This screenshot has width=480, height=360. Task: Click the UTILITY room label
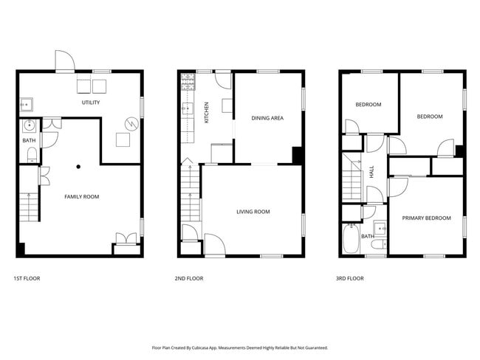(x=90, y=103)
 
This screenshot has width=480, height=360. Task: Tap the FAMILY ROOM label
(x=81, y=196)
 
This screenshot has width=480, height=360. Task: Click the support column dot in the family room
(x=78, y=167)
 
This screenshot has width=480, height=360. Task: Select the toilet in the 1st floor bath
(x=31, y=154)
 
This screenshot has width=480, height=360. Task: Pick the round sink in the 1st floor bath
(x=29, y=125)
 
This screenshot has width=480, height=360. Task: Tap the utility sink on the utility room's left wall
(x=25, y=103)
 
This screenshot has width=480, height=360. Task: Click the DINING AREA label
(x=267, y=118)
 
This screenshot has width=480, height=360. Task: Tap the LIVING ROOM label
(x=253, y=212)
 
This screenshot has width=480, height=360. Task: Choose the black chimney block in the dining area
(x=297, y=156)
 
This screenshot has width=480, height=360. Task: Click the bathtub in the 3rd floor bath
(x=351, y=240)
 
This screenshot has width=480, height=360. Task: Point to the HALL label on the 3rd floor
(x=371, y=172)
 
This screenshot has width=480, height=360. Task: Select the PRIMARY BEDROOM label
(x=426, y=218)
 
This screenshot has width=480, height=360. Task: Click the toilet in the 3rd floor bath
(x=377, y=244)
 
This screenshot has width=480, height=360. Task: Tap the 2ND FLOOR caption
(x=189, y=279)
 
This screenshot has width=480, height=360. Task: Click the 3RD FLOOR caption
(x=350, y=279)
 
